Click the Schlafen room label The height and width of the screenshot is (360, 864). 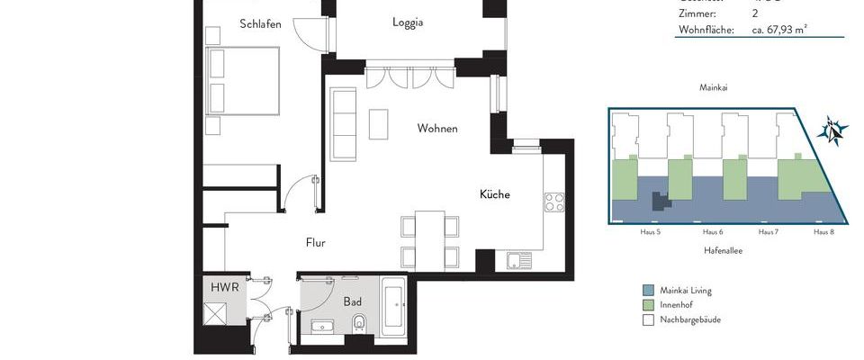tap(261, 24)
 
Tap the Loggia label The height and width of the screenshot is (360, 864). tap(408, 22)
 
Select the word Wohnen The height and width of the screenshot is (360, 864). tap(437, 129)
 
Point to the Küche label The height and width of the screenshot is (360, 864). tap(495, 194)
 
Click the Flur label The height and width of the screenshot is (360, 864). tap(315, 242)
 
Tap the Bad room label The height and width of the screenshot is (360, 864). tap(353, 301)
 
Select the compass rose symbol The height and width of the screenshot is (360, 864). tap(833, 131)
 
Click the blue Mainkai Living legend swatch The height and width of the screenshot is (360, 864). tap(648, 291)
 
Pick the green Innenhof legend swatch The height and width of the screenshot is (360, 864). tap(648, 305)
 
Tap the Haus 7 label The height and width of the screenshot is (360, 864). tap(768, 232)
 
